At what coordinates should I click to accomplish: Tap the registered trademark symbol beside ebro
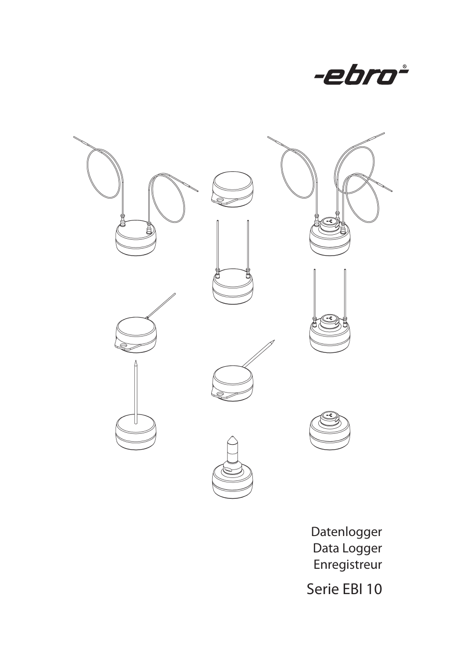coord(405,67)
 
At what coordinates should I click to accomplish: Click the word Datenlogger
coord(346,532)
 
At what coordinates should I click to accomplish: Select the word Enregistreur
coord(348,565)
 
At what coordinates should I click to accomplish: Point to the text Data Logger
coord(347,548)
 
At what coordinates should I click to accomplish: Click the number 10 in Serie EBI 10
coord(374,590)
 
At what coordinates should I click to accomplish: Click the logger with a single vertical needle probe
coord(135,432)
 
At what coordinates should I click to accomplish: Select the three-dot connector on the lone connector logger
coord(329,415)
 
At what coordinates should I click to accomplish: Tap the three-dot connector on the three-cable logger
coord(329,221)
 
